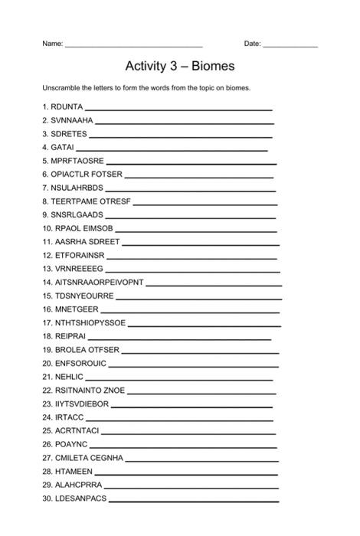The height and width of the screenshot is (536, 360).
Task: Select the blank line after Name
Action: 134,46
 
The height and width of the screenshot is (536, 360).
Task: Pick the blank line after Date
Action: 290,46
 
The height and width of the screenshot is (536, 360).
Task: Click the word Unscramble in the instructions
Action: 63,87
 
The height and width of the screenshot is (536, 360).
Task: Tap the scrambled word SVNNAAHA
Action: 72,121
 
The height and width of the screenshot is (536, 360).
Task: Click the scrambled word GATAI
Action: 63,147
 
